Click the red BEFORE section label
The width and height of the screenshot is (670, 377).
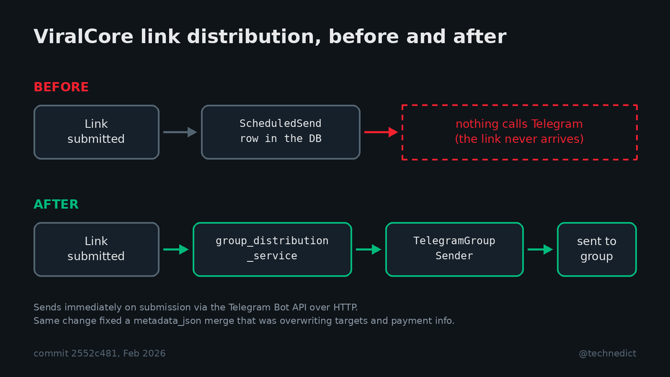[x=61, y=87]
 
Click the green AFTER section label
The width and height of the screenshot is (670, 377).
[x=56, y=204]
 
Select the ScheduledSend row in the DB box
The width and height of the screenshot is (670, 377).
[x=280, y=132]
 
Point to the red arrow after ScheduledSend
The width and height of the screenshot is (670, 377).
[x=381, y=132]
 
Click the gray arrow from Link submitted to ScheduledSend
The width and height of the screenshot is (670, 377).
[x=180, y=132]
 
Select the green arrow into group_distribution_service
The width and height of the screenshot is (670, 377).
[x=176, y=249]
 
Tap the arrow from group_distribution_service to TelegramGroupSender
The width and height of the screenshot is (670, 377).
[x=368, y=249]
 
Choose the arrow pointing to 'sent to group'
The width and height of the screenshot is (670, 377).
[x=540, y=249]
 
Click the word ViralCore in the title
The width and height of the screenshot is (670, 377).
[x=83, y=36]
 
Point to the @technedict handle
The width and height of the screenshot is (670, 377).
[x=607, y=354]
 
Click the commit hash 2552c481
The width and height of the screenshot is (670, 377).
[x=94, y=354]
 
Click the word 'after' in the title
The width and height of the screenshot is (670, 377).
[x=480, y=36]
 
